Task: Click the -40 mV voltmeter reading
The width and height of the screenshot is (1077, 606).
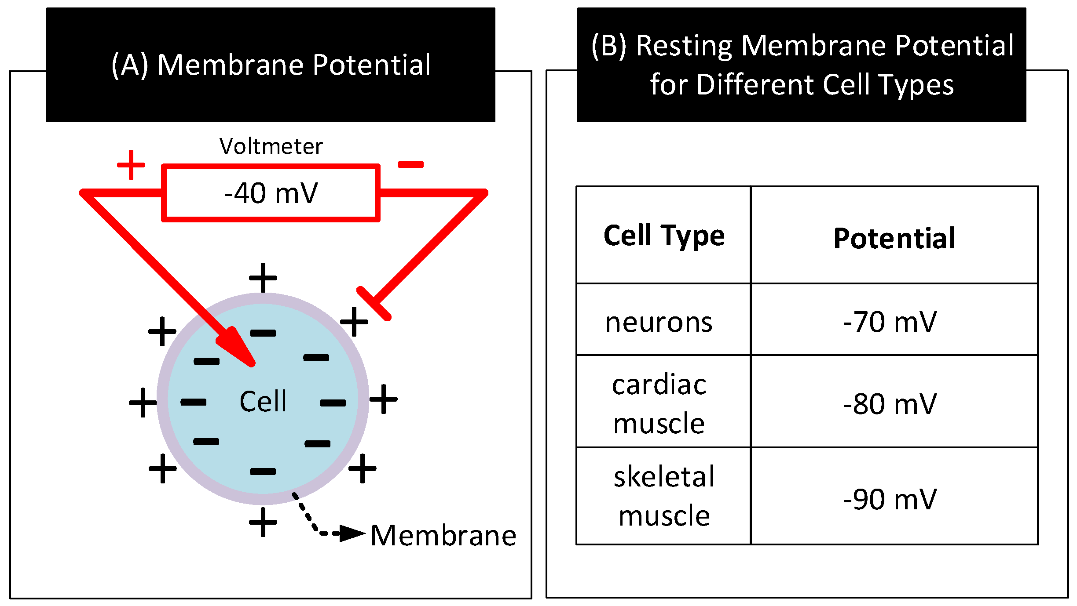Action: pos(271,193)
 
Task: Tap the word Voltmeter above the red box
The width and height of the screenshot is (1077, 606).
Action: pos(271,146)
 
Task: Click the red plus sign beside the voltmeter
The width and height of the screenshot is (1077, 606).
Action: pos(131,165)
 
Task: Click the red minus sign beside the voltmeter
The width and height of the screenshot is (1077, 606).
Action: pos(410,164)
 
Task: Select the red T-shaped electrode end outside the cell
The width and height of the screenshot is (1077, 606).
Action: pos(374,304)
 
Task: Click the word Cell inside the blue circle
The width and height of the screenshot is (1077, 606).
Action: pos(263,401)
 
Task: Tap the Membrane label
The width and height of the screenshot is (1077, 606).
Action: pos(443,536)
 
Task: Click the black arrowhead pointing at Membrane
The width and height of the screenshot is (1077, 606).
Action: pos(352,533)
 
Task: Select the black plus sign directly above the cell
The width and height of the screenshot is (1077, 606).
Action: pos(263,278)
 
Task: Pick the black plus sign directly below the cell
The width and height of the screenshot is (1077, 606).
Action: pos(263,522)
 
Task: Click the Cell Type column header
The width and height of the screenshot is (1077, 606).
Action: pos(663,236)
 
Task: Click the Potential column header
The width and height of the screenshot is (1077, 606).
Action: pos(894,239)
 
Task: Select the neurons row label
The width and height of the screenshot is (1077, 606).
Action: pos(659,322)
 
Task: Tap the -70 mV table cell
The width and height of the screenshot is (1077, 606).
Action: pos(890,322)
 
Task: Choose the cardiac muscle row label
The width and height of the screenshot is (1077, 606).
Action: pos(659,404)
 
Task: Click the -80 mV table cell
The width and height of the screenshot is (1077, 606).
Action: pos(890,404)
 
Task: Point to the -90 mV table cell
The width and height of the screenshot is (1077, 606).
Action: pos(890,499)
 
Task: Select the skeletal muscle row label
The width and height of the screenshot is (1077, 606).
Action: pos(663,496)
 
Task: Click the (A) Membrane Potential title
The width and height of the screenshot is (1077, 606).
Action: pos(271,65)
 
